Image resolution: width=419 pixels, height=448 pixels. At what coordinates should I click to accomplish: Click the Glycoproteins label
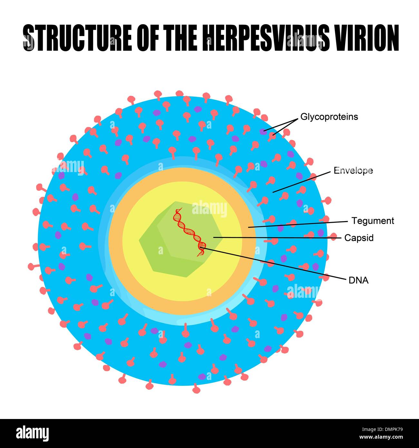[329, 117]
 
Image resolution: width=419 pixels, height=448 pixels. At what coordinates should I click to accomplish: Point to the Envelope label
[353, 170]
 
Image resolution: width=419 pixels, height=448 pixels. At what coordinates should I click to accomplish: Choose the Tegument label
[373, 221]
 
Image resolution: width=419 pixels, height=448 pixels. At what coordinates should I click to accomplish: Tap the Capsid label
[359, 238]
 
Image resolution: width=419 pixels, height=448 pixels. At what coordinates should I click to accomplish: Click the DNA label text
[358, 280]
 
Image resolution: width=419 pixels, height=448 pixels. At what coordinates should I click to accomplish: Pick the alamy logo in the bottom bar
[32, 433]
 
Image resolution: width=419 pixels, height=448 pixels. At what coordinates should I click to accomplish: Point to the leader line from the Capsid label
[277, 238]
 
